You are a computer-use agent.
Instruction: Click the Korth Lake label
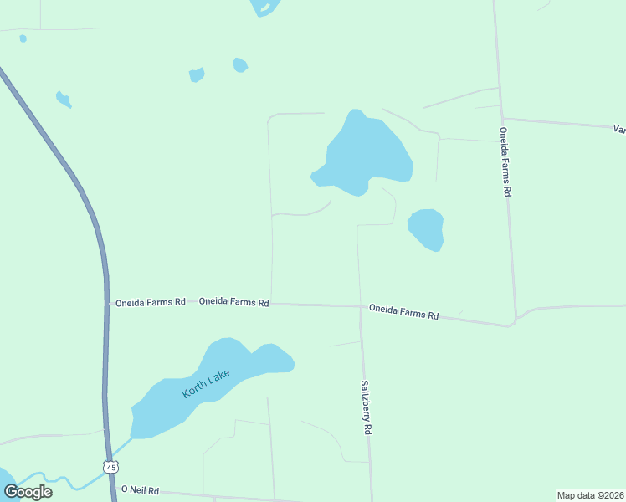206,383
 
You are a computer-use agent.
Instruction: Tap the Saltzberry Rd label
365,407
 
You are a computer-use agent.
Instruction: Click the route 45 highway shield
110,467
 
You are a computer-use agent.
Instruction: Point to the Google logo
28,491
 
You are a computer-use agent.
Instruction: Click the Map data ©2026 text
590,495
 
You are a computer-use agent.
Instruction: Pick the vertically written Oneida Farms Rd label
505,161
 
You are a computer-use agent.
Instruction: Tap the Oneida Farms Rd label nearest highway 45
150,301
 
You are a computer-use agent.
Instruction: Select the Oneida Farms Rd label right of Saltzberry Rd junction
403,312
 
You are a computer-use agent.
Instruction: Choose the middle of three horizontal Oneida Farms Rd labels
233,302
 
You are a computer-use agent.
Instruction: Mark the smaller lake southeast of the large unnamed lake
426,228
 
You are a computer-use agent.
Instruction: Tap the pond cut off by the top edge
265,7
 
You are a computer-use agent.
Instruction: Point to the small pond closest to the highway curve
64,100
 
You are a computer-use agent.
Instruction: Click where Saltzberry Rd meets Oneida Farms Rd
360,306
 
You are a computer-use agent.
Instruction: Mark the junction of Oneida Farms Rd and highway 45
107,301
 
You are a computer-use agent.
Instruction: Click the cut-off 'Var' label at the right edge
619,130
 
